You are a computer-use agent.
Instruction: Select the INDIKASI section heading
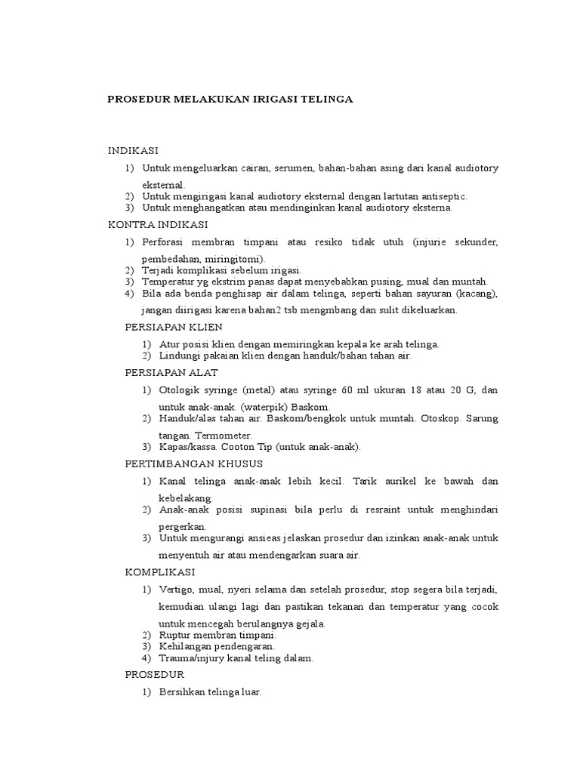[x=133, y=151]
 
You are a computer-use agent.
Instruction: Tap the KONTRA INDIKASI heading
[x=158, y=225]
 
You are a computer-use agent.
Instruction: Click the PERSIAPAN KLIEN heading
[x=173, y=328]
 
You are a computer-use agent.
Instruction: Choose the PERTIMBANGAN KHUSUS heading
[x=193, y=463]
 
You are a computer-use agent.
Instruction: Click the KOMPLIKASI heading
[x=159, y=571]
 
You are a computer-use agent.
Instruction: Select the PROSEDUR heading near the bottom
[x=154, y=674]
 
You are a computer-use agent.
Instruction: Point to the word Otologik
[x=180, y=390]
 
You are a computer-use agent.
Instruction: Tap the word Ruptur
[x=176, y=636]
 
